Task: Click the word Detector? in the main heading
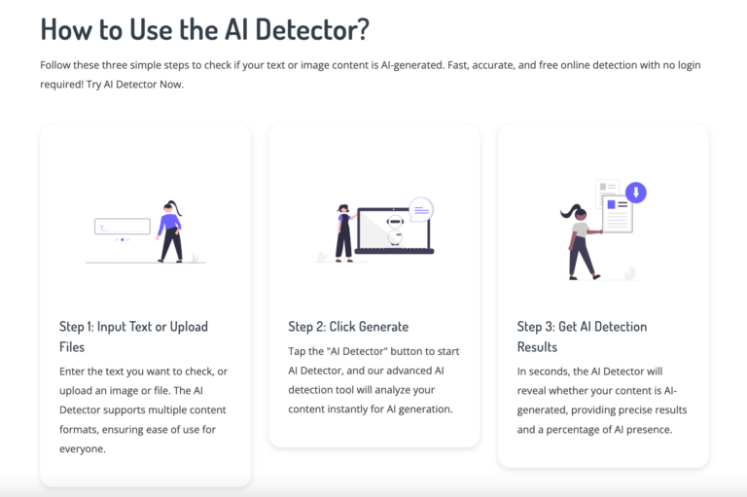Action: (312, 29)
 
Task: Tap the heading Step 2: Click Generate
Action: (348, 327)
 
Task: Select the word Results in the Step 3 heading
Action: (537, 347)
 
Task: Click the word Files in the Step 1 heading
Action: (72, 347)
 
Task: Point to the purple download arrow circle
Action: (635, 193)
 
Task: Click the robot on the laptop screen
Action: (395, 230)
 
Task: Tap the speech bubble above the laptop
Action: (421, 210)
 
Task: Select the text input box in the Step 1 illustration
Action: (123, 227)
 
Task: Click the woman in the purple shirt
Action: (170, 231)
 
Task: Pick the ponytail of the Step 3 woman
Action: (568, 211)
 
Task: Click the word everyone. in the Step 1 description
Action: (83, 449)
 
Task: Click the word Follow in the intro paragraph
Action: (55, 65)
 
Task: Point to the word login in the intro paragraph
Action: (689, 65)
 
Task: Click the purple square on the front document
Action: (611, 205)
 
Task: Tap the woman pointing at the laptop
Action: (345, 233)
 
